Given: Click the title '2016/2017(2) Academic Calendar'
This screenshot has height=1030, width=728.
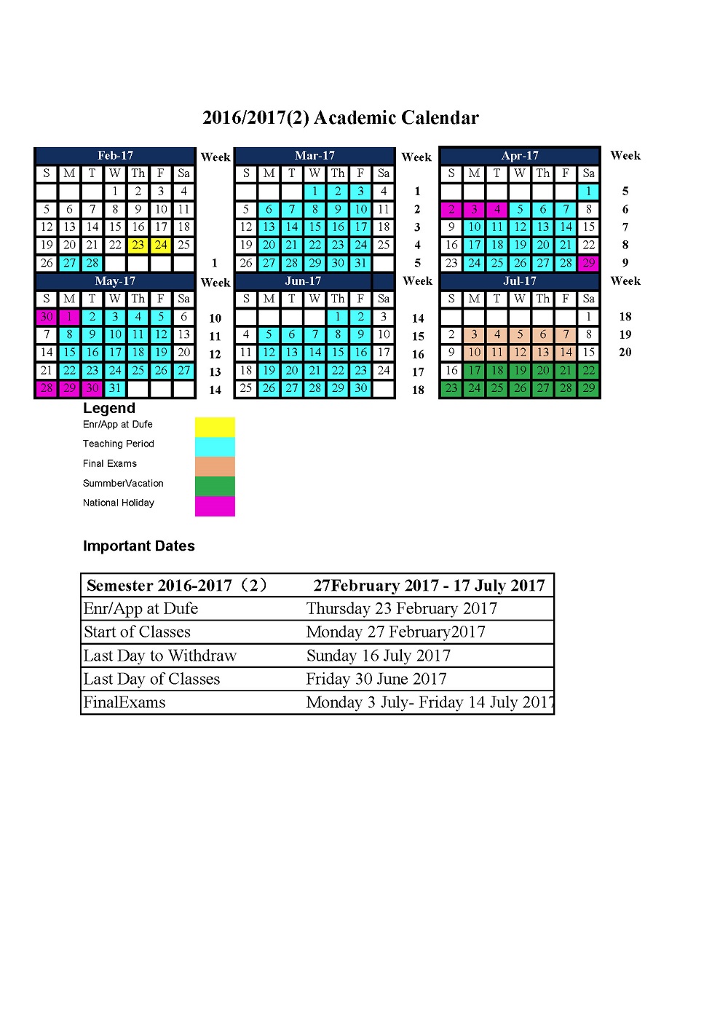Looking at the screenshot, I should pyautogui.click(x=340, y=118).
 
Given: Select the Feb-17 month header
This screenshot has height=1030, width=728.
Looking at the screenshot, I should pyautogui.click(x=115, y=155).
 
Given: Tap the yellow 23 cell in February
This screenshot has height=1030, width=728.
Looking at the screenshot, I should pyautogui.click(x=138, y=245).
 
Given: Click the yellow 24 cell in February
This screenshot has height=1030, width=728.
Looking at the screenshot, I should pyautogui.click(x=161, y=245).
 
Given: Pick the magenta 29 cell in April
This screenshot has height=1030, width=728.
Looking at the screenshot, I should pyautogui.click(x=588, y=263).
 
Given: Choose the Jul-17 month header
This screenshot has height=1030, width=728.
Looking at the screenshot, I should pyautogui.click(x=520, y=281).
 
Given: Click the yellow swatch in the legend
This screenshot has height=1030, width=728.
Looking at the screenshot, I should pyautogui.click(x=215, y=427).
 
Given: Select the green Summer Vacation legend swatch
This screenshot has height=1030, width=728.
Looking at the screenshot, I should pyautogui.click(x=215, y=486).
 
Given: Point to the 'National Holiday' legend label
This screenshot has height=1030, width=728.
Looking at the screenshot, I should pyautogui.click(x=119, y=503).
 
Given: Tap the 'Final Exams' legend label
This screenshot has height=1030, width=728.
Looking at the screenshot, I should pyautogui.click(x=110, y=463).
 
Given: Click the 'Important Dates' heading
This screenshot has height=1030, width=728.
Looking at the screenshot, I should pyautogui.click(x=139, y=546).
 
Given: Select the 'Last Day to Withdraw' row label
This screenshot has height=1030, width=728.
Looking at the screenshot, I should pyautogui.click(x=160, y=656).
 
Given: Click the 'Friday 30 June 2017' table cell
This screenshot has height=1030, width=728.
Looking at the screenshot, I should pyautogui.click(x=376, y=679).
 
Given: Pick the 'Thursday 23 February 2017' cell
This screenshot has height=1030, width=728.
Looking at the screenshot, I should pyautogui.click(x=402, y=608).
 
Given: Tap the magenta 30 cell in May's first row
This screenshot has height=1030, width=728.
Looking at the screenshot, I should pyautogui.click(x=47, y=317).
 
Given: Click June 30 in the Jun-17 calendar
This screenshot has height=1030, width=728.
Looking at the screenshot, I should pyautogui.click(x=360, y=388).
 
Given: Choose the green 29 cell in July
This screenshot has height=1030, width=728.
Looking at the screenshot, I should pyautogui.click(x=588, y=388).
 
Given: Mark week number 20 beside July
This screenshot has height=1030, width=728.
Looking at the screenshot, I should pyautogui.click(x=625, y=353).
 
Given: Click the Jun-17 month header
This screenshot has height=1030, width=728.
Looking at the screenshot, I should pyautogui.click(x=304, y=281).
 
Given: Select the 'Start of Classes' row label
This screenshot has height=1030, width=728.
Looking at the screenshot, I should pyautogui.click(x=137, y=632).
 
